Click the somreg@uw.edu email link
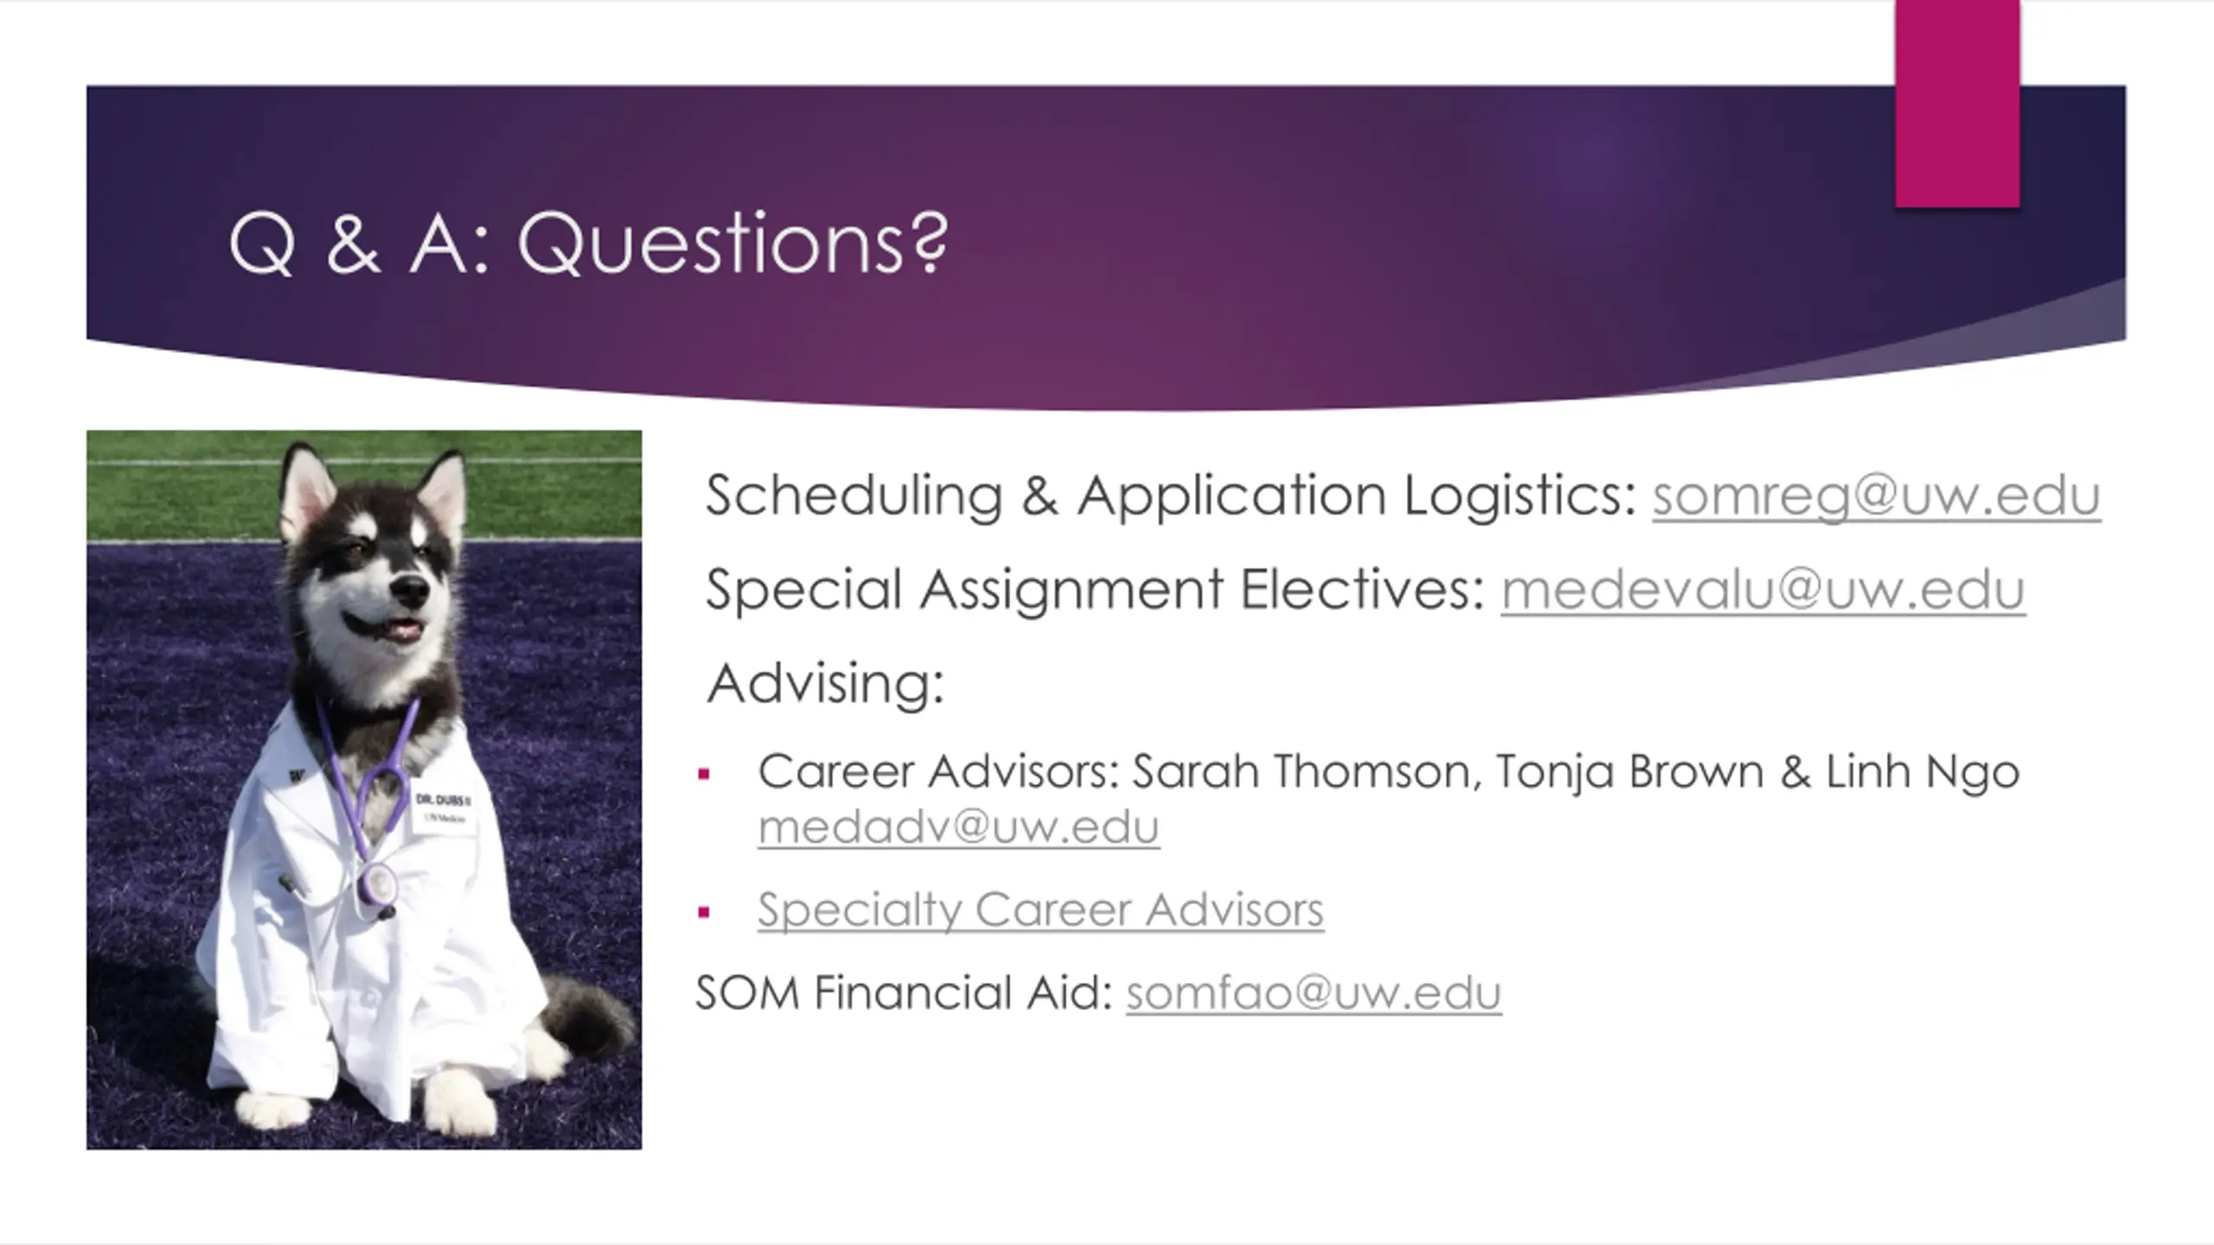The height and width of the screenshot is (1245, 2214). (1877, 496)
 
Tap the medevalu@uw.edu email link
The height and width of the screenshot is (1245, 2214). (1763, 591)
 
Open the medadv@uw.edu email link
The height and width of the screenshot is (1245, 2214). (958, 827)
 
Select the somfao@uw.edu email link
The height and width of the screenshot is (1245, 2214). (1314, 993)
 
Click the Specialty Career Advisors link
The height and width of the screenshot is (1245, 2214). (1040, 910)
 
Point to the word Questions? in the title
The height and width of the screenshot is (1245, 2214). (733, 244)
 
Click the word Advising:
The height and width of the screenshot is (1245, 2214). (826, 683)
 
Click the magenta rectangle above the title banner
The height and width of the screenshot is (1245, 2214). (1957, 104)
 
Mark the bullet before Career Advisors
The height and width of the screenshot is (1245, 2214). (704, 774)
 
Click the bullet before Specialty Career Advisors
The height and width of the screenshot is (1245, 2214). (704, 912)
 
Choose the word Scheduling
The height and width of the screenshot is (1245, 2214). (854, 496)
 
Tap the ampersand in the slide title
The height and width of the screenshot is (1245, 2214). (353, 246)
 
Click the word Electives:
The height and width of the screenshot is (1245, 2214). (1362, 591)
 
